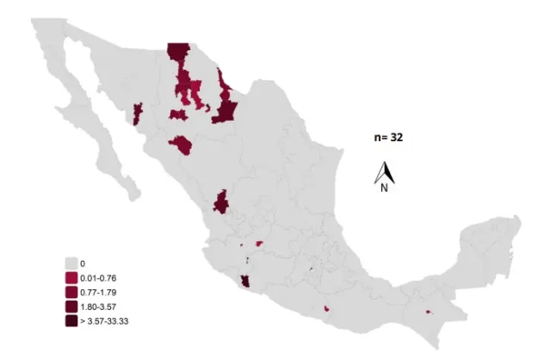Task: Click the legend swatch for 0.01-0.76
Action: (x=71, y=278)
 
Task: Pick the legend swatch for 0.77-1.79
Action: (x=71, y=293)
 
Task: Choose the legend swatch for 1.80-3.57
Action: (x=71, y=307)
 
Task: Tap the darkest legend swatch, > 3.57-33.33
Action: (x=71, y=320)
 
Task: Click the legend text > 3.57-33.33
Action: (x=104, y=320)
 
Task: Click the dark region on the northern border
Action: (x=178, y=53)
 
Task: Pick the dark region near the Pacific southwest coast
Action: (x=246, y=282)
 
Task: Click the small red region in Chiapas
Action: (x=428, y=312)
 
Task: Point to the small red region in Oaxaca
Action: (x=327, y=307)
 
